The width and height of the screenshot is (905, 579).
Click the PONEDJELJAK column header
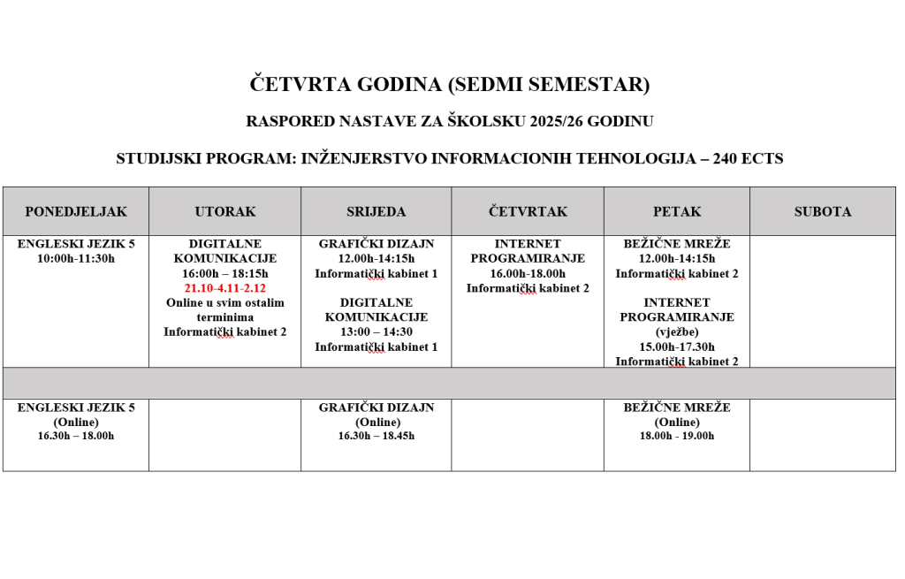click(75, 212)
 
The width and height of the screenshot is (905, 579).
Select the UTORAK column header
click(224, 212)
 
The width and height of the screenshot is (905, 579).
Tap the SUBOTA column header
click(822, 212)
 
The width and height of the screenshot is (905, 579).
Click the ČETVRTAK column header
click(528, 212)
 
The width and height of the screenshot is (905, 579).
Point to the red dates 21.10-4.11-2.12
click(224, 288)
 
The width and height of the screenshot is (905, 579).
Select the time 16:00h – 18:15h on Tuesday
click(224, 274)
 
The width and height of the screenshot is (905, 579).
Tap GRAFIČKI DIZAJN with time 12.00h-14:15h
click(376, 244)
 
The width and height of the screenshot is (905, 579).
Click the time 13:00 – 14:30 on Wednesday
click(376, 331)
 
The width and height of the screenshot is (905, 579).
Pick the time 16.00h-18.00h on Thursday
click(528, 274)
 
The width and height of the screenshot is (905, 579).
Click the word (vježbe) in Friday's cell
click(677, 331)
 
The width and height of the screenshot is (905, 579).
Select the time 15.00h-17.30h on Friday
click(677, 347)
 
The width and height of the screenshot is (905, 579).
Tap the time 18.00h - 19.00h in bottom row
click(677, 436)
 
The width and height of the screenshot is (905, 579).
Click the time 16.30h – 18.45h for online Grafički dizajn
click(376, 436)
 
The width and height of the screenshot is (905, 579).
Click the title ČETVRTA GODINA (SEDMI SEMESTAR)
click(451, 85)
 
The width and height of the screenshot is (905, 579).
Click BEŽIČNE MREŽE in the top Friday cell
click(677, 244)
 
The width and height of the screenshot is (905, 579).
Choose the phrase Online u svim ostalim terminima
click(224, 309)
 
